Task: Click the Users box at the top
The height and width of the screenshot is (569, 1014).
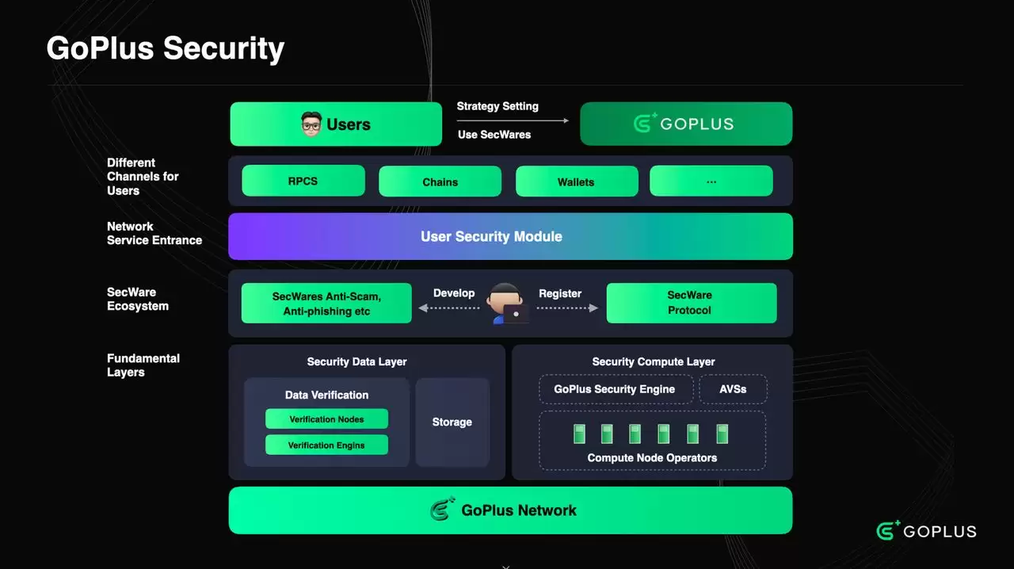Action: [x=336, y=124]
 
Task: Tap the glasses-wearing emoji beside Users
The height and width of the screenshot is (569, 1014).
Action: [x=311, y=124]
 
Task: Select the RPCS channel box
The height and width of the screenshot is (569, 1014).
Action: [x=303, y=181]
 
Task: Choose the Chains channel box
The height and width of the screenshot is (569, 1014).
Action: [x=440, y=181]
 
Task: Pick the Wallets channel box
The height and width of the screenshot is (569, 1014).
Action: [x=576, y=181]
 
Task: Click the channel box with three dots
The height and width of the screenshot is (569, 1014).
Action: [x=711, y=181]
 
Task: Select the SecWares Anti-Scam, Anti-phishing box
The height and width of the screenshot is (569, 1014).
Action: [x=326, y=303]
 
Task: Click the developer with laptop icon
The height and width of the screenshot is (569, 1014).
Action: [x=507, y=304]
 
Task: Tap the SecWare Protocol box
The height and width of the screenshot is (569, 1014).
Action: [x=691, y=303]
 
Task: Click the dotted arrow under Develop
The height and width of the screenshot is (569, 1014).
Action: [x=451, y=308]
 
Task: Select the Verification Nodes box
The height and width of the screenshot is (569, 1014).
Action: [x=326, y=419]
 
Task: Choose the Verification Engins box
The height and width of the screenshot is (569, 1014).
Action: [x=326, y=445]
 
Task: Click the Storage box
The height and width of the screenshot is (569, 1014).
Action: [x=452, y=422]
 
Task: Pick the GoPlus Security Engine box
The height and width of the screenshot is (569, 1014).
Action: [x=615, y=389]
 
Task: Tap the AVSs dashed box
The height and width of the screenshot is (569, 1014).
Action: [x=733, y=389]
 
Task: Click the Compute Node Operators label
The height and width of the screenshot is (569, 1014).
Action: [x=652, y=457]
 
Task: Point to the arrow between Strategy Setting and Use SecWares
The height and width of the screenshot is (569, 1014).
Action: [x=513, y=120]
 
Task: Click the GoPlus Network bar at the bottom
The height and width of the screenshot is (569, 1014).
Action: [x=510, y=510]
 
